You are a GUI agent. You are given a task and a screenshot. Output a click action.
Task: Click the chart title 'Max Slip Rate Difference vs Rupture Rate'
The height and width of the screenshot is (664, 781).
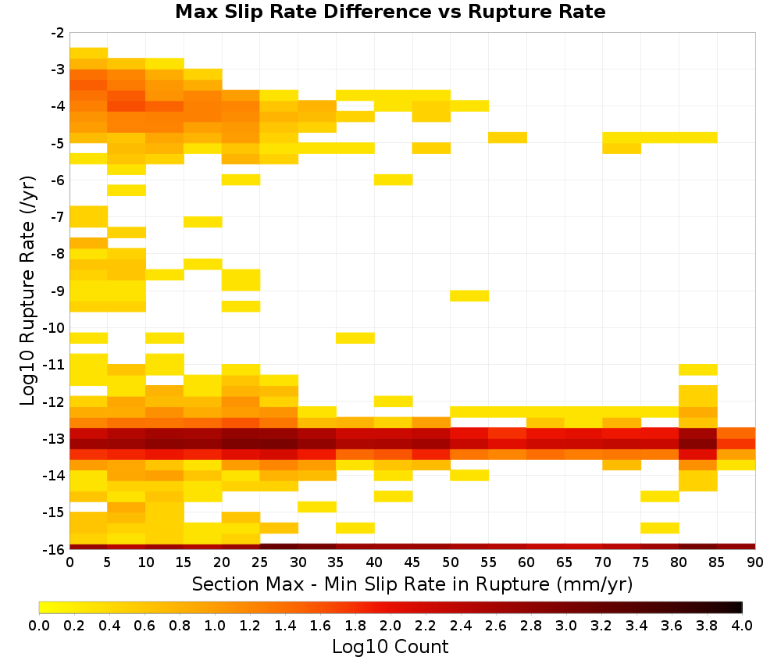(390, 12)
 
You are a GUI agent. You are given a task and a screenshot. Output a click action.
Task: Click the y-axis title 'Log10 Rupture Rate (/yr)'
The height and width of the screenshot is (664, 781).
(27, 291)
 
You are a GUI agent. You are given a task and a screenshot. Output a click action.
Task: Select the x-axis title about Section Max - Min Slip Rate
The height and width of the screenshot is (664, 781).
(412, 584)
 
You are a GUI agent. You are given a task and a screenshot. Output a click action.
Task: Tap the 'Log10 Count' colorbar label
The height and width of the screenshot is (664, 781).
(390, 647)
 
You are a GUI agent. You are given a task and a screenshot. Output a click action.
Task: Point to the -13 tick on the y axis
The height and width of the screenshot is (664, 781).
(57, 439)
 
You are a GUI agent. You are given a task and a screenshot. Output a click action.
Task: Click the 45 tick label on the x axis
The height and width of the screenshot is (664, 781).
(412, 562)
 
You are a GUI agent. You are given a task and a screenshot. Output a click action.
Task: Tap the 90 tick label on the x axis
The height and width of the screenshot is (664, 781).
(755, 562)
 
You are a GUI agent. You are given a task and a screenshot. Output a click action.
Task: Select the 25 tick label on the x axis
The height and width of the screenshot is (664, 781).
(260, 562)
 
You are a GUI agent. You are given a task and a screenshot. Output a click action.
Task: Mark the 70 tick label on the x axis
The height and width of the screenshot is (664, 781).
(603, 562)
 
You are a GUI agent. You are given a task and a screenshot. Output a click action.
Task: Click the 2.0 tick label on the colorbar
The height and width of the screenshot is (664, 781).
(390, 625)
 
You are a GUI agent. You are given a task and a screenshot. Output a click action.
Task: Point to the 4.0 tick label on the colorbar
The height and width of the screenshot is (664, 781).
(742, 625)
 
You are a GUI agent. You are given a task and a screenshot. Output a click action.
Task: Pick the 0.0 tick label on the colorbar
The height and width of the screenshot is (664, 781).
(39, 625)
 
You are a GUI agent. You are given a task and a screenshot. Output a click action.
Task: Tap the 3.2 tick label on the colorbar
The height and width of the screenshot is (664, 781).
(601, 625)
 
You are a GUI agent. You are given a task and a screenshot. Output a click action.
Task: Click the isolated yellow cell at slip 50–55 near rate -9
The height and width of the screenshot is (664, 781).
(469, 296)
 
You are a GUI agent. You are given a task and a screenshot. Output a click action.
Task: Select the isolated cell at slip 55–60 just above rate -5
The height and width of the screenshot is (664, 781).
(508, 137)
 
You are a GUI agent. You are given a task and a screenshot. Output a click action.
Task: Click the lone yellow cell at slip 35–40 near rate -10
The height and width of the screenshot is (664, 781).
(355, 337)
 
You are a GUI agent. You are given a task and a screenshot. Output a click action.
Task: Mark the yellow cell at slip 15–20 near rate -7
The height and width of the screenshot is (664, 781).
(203, 222)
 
